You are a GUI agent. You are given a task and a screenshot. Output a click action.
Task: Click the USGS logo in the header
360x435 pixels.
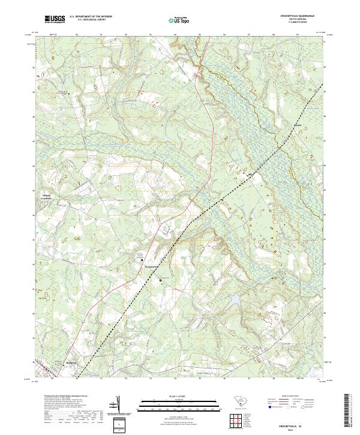point(55,19)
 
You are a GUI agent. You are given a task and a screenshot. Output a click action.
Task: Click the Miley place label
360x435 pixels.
point(253,175)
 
